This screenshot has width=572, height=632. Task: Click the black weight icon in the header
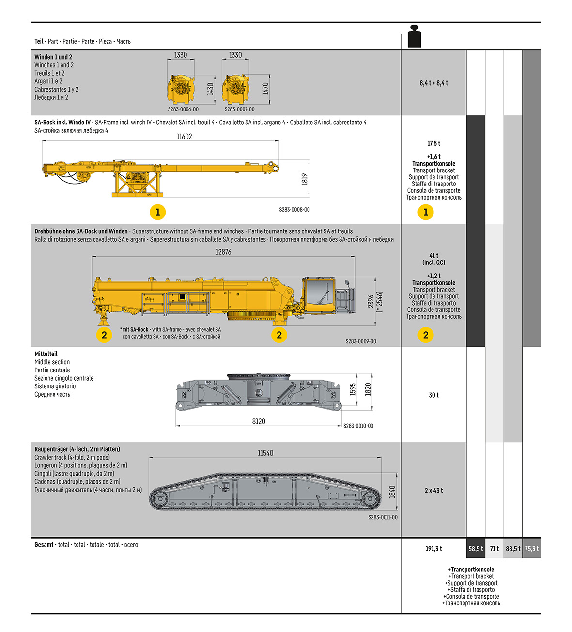click(414, 37)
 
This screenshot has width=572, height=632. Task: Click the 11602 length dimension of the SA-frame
click(184, 137)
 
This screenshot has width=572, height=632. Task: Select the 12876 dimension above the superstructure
click(223, 252)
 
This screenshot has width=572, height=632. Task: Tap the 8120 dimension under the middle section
click(259, 421)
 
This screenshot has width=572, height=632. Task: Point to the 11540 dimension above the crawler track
click(265, 453)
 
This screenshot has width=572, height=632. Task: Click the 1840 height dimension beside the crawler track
click(392, 492)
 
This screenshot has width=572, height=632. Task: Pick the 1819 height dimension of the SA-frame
click(305, 179)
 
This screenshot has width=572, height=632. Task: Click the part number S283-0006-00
click(183, 109)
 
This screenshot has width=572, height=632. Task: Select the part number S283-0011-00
click(383, 517)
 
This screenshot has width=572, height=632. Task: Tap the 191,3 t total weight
click(433, 549)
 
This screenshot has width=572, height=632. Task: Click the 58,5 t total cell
click(476, 549)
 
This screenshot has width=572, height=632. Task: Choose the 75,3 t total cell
click(532, 549)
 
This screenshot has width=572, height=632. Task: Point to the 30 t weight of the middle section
click(433, 395)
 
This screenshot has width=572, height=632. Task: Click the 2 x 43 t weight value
click(433, 491)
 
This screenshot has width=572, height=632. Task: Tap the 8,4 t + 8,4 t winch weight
click(433, 83)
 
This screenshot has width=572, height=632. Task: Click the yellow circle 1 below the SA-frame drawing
click(157, 212)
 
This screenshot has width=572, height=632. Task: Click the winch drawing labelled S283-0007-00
click(235, 89)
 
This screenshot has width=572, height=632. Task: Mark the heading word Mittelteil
click(46, 354)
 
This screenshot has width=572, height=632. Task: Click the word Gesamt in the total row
click(44, 545)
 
